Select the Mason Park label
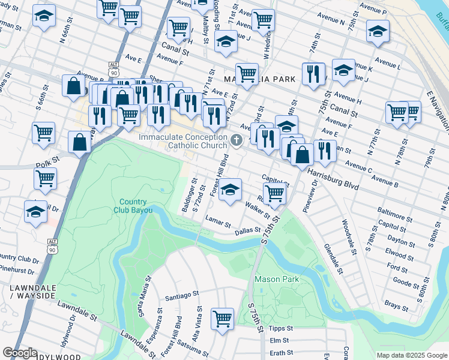[x=276, y=279]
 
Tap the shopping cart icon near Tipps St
[x=222, y=318]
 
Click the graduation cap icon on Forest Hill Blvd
[x=230, y=190]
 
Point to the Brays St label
[x=397, y=307]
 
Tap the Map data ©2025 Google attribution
[x=411, y=355]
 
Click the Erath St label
[x=281, y=353]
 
